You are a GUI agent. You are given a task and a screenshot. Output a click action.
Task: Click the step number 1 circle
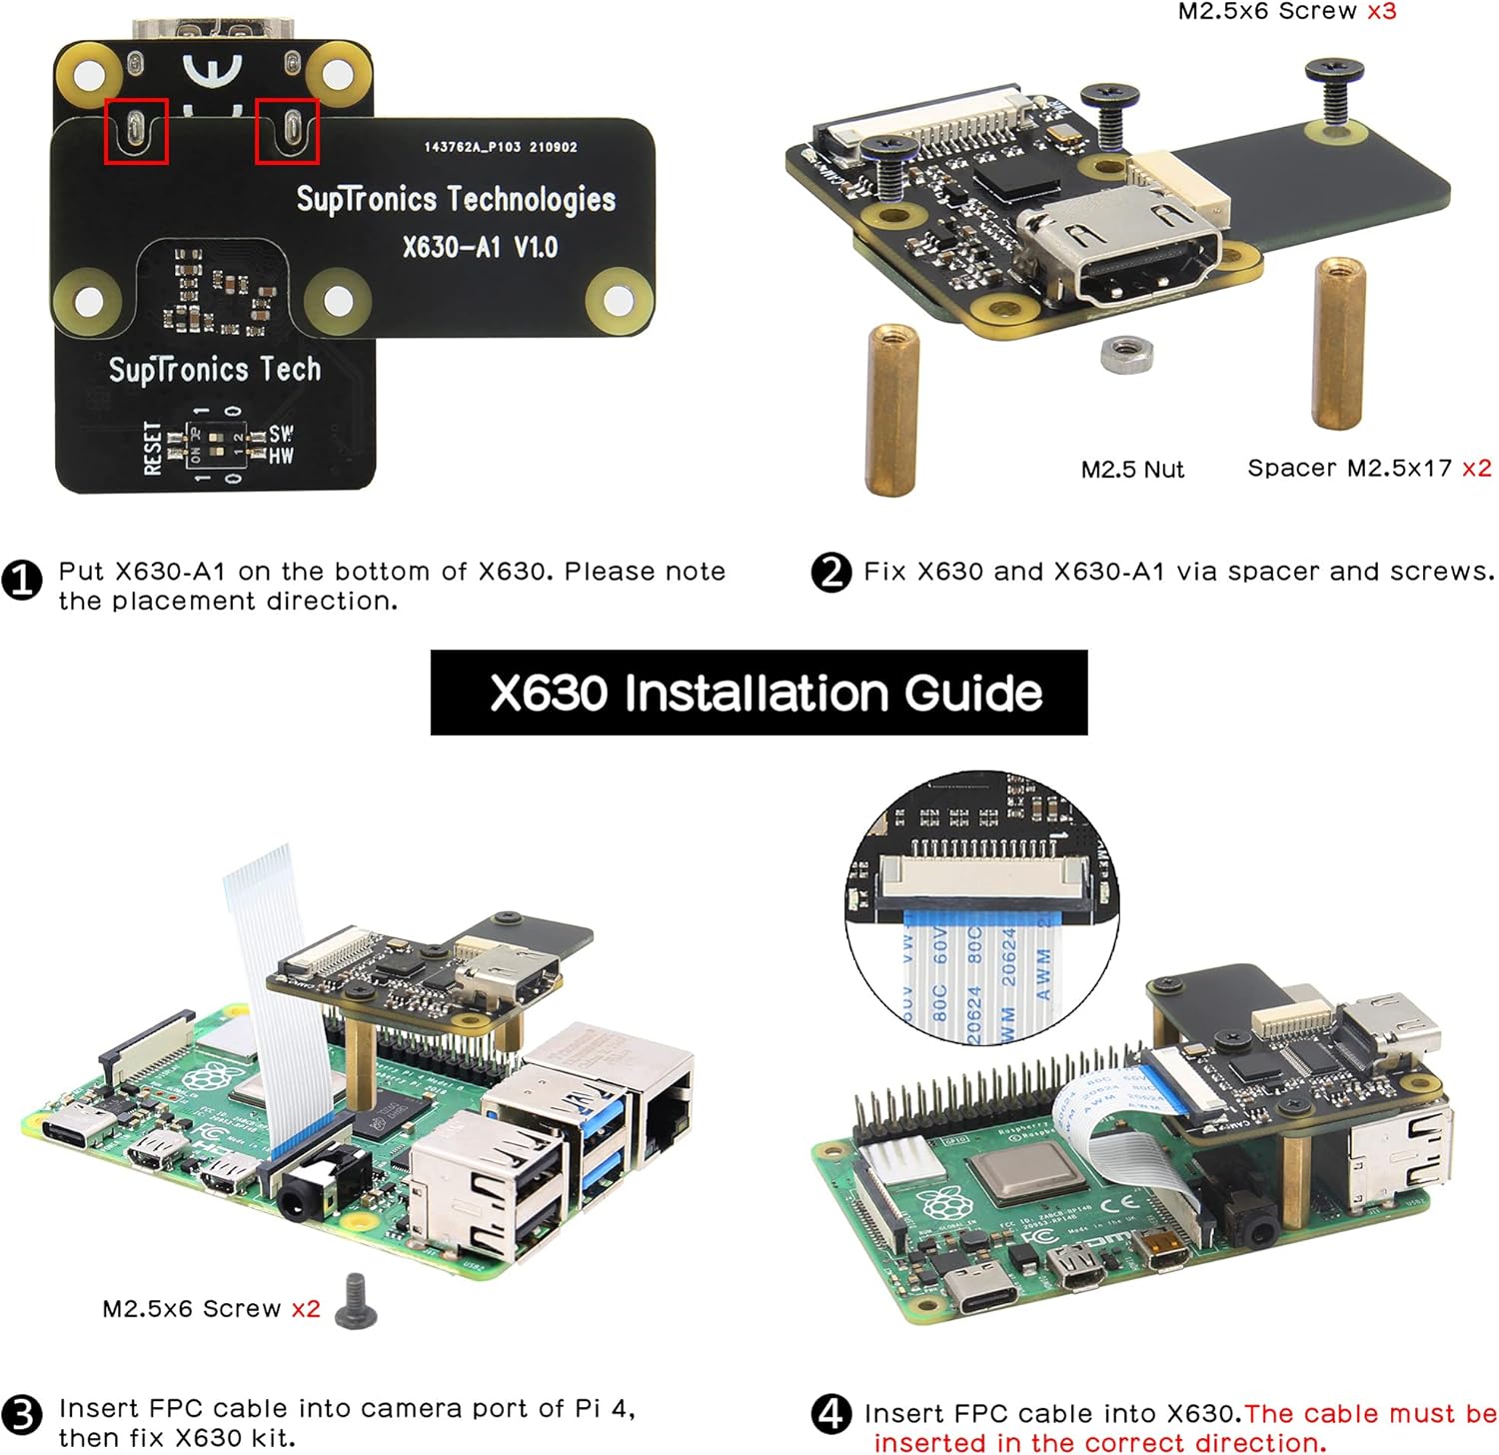[22, 581]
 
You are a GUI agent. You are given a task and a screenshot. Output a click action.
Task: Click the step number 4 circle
[830, 1413]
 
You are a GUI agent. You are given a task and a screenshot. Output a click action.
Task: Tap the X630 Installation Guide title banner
[758, 693]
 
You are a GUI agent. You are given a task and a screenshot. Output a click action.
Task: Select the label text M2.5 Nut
[1131, 470]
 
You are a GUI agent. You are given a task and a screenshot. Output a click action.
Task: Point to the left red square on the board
[137, 130]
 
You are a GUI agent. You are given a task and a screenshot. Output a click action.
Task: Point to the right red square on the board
[288, 130]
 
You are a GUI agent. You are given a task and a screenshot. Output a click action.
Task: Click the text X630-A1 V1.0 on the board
[480, 247]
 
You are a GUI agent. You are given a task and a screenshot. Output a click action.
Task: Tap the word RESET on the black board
[152, 447]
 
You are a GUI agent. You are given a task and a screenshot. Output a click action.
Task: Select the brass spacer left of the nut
[891, 409]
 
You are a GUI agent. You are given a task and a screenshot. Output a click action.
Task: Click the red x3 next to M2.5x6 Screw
[1381, 12]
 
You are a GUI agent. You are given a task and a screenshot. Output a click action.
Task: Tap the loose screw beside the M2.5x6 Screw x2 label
[356, 1301]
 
